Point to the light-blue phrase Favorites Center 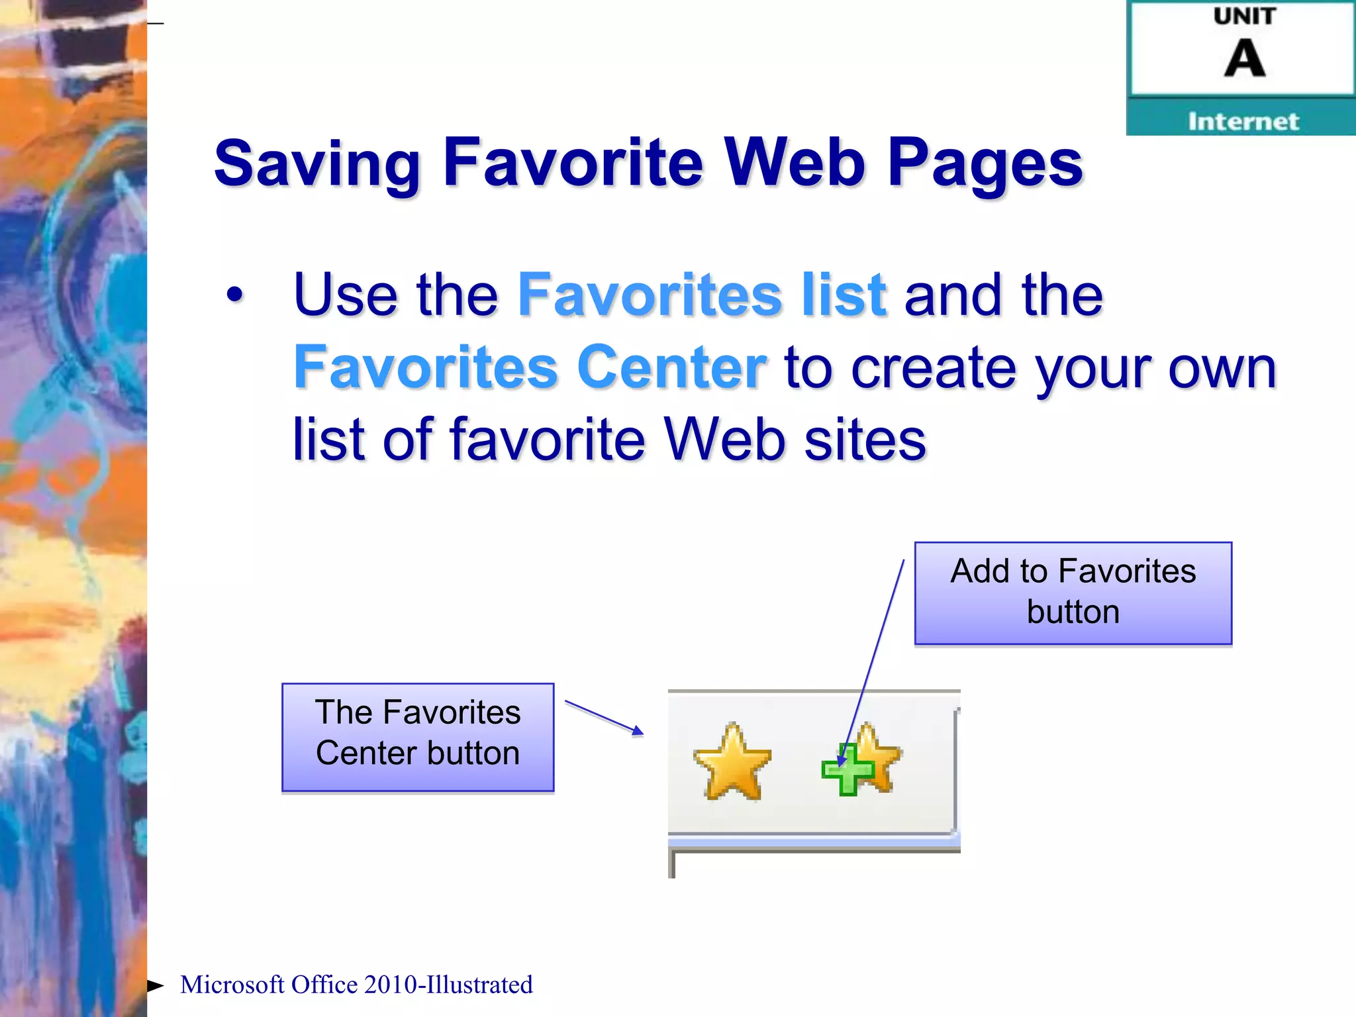(530, 367)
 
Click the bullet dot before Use (234, 295)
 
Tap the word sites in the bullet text (864, 440)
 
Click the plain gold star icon (732, 761)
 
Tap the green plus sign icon (847, 770)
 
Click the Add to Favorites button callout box (1073, 593)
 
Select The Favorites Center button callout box (418, 737)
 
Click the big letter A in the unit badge (1244, 58)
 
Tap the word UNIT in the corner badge (1244, 16)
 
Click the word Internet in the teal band (1243, 121)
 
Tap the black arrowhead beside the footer (156, 986)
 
